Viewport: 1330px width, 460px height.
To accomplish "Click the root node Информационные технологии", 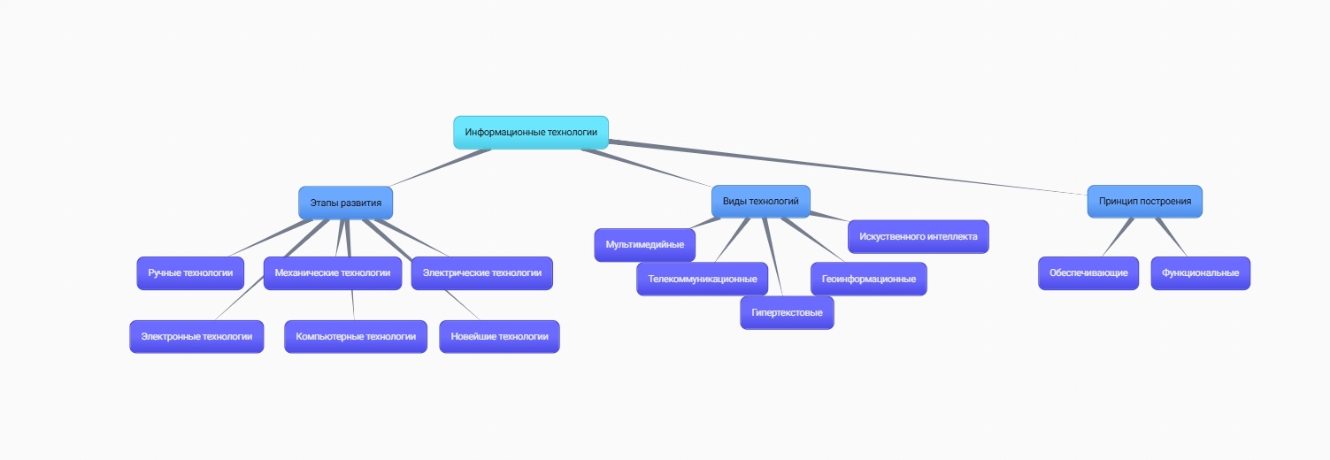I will point(531,132).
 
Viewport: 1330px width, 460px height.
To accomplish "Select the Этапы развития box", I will point(345,203).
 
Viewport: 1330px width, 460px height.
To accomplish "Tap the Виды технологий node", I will point(760,201).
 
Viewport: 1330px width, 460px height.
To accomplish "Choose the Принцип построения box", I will point(1144,201).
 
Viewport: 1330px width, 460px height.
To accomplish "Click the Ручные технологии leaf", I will point(190,272).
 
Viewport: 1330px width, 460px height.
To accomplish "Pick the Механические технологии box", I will point(332,272).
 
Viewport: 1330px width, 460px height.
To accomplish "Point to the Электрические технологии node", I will point(481,272).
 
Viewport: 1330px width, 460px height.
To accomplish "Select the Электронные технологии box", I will point(196,336).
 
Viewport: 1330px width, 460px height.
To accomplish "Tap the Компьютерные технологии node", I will point(356,336).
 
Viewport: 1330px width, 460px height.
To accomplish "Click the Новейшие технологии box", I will point(499,336).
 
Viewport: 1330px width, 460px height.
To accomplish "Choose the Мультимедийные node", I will point(644,244).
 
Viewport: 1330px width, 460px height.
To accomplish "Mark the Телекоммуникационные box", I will point(702,279).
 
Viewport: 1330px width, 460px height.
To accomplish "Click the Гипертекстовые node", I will point(787,312).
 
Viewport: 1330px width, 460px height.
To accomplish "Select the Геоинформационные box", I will point(868,279).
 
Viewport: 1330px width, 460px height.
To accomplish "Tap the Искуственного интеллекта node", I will point(918,237).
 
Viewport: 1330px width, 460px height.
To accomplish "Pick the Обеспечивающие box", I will point(1088,272).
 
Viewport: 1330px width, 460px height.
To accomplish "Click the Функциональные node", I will point(1200,272).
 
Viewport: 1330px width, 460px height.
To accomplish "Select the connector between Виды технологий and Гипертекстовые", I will point(773,257).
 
